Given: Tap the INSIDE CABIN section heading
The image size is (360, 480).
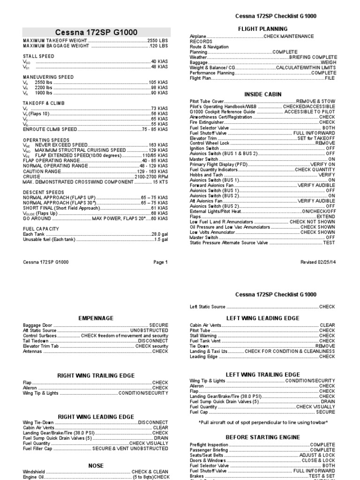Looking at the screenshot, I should point(262,94).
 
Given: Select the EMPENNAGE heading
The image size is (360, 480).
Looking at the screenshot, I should point(96,318).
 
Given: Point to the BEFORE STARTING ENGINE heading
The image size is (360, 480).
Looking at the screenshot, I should point(262,437).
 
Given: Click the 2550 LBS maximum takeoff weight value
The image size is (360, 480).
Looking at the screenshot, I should point(157,41).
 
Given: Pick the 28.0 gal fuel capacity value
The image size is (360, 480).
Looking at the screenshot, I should point(159,234).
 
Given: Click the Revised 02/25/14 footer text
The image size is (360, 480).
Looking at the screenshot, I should point(318,262).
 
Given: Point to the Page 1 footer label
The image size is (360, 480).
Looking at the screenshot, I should point(160,262).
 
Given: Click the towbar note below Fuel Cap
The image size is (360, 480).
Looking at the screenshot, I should point(262,422).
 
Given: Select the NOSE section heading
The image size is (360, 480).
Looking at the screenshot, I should point(96,465).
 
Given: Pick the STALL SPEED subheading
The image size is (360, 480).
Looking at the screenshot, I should point(38,56).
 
